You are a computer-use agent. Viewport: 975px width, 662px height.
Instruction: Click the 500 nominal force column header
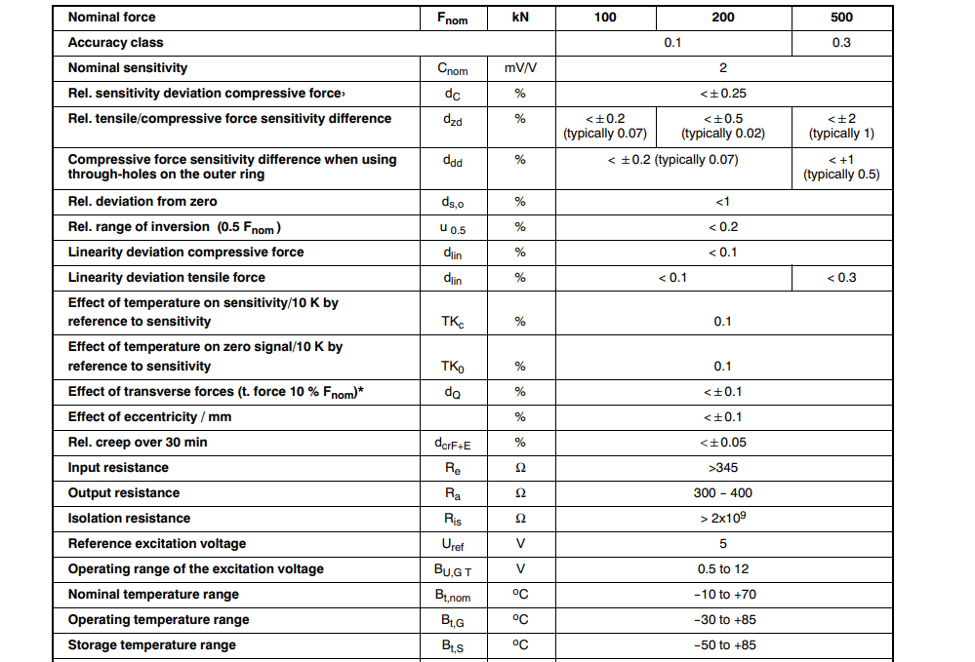click(840, 18)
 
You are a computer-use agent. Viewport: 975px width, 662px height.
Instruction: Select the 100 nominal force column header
click(605, 18)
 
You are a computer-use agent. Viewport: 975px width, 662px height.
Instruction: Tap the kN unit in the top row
click(520, 18)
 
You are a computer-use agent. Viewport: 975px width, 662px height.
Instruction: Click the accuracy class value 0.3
click(840, 43)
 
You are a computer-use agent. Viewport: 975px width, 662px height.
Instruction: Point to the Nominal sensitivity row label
click(127, 68)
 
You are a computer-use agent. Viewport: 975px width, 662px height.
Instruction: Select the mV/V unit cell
click(520, 68)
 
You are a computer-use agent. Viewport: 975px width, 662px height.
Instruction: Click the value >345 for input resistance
click(722, 468)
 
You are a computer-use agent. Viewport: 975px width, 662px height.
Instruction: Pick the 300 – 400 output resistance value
click(722, 493)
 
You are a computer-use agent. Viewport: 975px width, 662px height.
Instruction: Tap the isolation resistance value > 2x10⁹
click(722, 518)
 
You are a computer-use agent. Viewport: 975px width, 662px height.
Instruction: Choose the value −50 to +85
click(722, 645)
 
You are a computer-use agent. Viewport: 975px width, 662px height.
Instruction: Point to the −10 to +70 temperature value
click(722, 595)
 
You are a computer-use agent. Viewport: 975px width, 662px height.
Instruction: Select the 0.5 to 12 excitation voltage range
click(722, 569)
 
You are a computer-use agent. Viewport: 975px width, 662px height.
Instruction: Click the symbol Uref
click(452, 545)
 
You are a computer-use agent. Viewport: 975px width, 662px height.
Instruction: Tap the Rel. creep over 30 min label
click(138, 443)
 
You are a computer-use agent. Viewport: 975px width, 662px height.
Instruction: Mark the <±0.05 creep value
click(722, 443)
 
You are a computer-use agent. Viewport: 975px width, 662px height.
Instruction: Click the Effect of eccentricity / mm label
click(149, 417)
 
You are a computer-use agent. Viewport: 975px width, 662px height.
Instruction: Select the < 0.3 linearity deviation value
click(840, 278)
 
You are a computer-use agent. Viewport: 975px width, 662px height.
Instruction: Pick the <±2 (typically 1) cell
click(840, 126)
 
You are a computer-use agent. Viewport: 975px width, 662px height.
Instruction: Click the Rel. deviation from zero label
click(142, 202)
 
